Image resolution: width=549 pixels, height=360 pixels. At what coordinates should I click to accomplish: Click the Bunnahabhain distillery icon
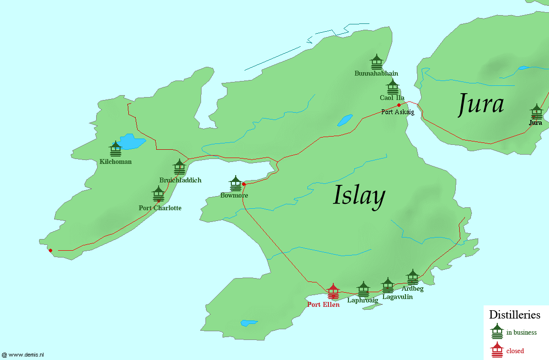(x=376, y=61)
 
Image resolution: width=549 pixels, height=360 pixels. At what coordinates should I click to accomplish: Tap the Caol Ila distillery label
(x=392, y=98)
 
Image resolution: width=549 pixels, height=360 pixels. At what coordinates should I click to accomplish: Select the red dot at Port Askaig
(x=399, y=105)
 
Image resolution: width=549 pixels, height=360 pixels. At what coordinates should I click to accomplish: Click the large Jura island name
(x=481, y=104)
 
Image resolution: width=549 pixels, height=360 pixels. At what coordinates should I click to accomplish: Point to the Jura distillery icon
(x=536, y=111)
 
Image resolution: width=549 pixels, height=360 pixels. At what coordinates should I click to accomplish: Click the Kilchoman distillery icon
(x=116, y=149)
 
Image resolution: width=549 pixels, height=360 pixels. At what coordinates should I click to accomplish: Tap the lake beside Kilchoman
(x=131, y=141)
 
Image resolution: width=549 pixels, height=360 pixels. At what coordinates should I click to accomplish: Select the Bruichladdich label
(x=180, y=180)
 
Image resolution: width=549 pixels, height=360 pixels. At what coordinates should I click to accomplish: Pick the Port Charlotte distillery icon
(x=158, y=194)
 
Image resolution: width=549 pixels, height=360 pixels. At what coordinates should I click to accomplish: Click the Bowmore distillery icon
(x=236, y=183)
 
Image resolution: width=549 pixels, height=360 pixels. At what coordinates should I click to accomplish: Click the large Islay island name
(x=359, y=196)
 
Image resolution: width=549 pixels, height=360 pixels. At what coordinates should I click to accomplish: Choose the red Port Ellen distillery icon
(x=333, y=291)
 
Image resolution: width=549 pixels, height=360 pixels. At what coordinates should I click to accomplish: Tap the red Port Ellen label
(x=323, y=304)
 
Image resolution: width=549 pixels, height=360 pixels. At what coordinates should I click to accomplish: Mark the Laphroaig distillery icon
(x=363, y=289)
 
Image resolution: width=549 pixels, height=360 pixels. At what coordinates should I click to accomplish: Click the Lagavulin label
(x=397, y=297)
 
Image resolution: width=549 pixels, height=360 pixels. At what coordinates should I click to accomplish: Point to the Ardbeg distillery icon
(x=413, y=277)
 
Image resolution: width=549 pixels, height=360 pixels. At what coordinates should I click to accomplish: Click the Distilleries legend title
(x=514, y=315)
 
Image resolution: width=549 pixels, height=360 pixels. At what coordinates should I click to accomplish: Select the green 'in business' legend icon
(x=497, y=331)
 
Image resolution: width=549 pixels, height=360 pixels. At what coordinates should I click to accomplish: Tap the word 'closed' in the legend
(x=515, y=351)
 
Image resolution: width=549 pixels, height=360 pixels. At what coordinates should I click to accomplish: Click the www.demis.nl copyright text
(x=23, y=356)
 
